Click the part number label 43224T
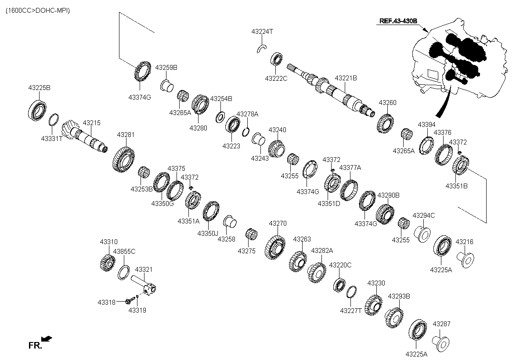click(262, 32)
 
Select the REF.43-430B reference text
click(398, 21)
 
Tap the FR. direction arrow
click(47, 338)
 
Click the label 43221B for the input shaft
click(346, 78)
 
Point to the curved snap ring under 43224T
click(261, 48)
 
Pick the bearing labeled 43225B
click(37, 110)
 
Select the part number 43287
click(441, 324)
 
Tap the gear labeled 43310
click(108, 263)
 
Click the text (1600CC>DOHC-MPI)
click(38, 11)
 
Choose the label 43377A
click(350, 168)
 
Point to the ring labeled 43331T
click(54, 120)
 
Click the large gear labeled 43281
click(123, 159)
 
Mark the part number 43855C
click(124, 252)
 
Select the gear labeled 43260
click(385, 123)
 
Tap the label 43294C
click(424, 216)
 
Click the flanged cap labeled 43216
click(466, 260)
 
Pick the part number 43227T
click(350, 311)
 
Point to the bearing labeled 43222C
click(276, 59)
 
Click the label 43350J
click(208, 234)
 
